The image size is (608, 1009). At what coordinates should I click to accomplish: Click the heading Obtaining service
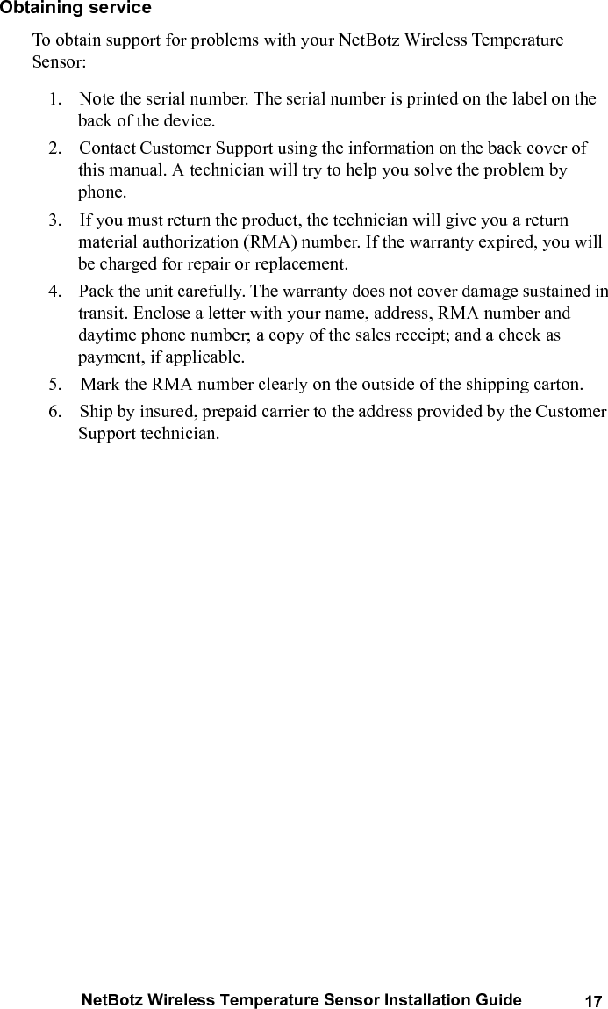pyautogui.click(x=75, y=9)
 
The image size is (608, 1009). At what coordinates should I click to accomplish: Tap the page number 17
pyautogui.click(x=593, y=1002)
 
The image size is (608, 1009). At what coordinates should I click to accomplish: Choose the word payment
pyautogui.click(x=108, y=357)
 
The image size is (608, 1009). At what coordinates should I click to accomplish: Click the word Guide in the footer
pyautogui.click(x=500, y=1000)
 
